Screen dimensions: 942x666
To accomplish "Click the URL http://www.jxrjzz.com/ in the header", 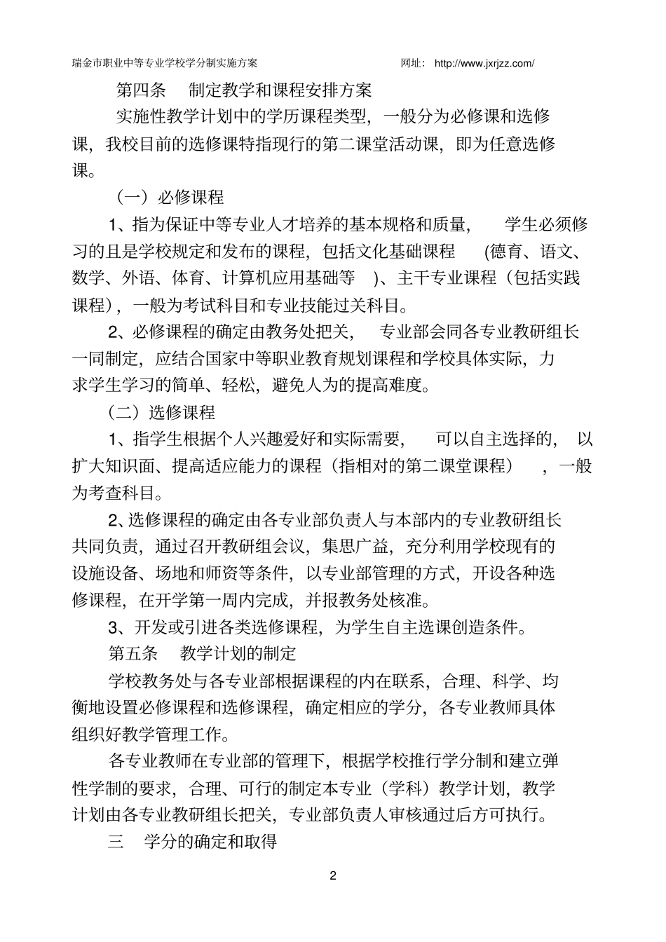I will point(484,64).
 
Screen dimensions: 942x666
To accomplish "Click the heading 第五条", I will point(133,653).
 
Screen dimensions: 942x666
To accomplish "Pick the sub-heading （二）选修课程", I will point(161,412).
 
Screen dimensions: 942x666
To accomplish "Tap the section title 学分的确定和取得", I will point(210,842).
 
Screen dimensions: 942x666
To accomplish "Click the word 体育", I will point(188,278).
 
